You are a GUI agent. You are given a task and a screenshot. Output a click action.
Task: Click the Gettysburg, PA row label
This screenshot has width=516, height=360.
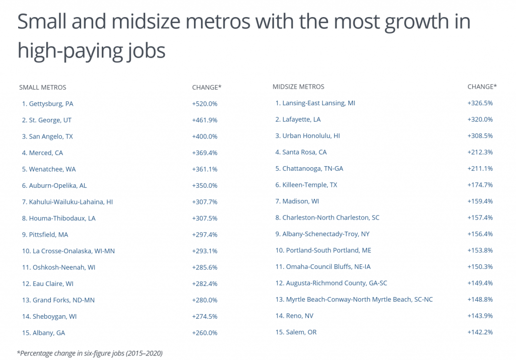pyautogui.click(x=47, y=104)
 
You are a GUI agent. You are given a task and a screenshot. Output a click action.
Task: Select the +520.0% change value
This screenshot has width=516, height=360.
pyautogui.click(x=204, y=104)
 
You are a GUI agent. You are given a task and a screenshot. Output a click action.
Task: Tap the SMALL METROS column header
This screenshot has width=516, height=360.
pyautogui.click(x=42, y=87)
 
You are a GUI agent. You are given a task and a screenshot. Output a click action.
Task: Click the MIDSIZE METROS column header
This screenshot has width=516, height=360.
pyautogui.click(x=298, y=87)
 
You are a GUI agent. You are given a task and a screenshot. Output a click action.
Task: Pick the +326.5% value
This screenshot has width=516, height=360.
pyautogui.click(x=480, y=103)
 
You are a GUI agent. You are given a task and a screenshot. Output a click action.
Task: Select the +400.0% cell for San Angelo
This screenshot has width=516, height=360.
pyautogui.click(x=204, y=136)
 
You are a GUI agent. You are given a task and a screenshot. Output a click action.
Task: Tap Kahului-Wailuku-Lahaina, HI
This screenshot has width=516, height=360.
pyautogui.click(x=67, y=202)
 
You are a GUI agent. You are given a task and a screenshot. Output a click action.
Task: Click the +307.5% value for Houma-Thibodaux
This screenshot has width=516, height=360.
pyautogui.click(x=204, y=218)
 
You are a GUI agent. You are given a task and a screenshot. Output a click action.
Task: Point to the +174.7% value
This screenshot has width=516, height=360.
pyautogui.click(x=480, y=185)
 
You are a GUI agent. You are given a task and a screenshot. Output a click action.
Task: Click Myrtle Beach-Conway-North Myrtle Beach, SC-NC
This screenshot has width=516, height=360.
pyautogui.click(x=354, y=300)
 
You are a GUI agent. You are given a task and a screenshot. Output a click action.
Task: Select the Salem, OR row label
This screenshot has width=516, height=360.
pyautogui.click(x=296, y=332)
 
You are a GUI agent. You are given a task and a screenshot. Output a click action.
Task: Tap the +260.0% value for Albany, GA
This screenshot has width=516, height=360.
pyautogui.click(x=204, y=333)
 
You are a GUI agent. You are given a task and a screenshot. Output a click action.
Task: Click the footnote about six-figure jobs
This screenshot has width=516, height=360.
pyautogui.click(x=90, y=353)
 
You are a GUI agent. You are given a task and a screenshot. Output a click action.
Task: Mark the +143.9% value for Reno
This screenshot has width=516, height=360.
pyautogui.click(x=480, y=316)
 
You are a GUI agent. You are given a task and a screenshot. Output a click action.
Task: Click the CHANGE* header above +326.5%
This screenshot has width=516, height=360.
pyautogui.click(x=482, y=87)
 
